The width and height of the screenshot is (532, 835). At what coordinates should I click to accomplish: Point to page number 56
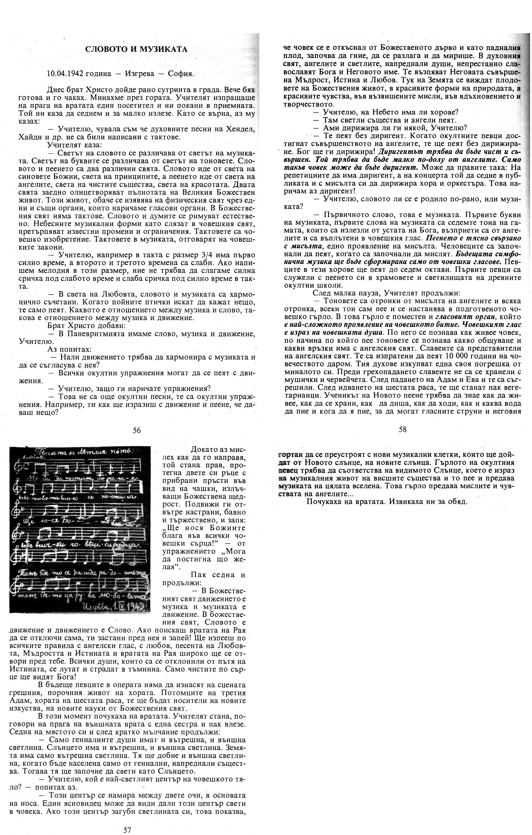tap(137, 430)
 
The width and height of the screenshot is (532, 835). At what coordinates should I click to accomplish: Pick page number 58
tap(403, 430)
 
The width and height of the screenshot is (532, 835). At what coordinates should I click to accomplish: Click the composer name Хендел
tap(243, 129)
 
